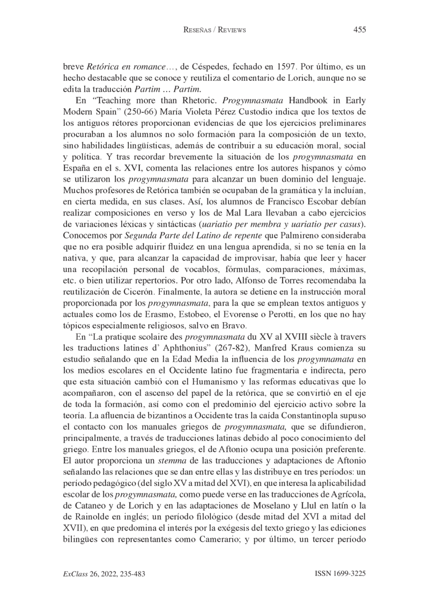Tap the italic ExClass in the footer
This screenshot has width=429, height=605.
tap(75, 573)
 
